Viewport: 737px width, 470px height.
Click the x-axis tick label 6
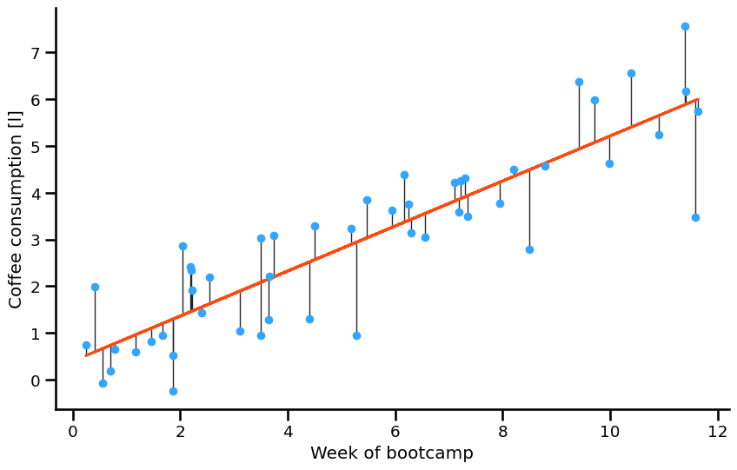pyautogui.click(x=395, y=433)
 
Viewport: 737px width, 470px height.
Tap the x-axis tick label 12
pyautogui.click(x=717, y=433)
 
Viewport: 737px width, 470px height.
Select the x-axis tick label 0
pyautogui.click(x=73, y=433)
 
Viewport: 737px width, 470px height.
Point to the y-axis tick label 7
pyautogui.click(x=37, y=53)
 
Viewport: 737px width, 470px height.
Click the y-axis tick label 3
pyautogui.click(x=37, y=240)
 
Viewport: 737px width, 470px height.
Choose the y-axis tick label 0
pyautogui.click(x=37, y=381)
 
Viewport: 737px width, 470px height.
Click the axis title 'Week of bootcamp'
pyautogui.click(x=392, y=453)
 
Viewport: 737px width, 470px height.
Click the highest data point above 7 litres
pyautogui.click(x=685, y=27)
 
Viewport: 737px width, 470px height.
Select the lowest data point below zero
pyautogui.click(x=173, y=391)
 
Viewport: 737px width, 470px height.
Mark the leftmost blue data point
pyautogui.click(x=86, y=345)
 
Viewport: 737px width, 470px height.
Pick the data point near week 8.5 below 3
pyautogui.click(x=529, y=249)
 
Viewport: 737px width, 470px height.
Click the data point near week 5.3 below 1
pyautogui.click(x=356, y=335)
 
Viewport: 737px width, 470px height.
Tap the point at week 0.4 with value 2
pyautogui.click(x=95, y=287)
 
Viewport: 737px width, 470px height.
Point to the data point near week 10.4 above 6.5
pyautogui.click(x=631, y=74)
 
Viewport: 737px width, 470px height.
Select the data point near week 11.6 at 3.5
pyautogui.click(x=695, y=217)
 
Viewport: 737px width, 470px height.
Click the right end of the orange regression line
pyautogui.click(x=697, y=100)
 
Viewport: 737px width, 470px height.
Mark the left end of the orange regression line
pyautogui.click(x=86, y=354)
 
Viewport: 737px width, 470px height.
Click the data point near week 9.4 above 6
pyautogui.click(x=579, y=83)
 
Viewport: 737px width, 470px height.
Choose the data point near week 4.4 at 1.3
pyautogui.click(x=309, y=319)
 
